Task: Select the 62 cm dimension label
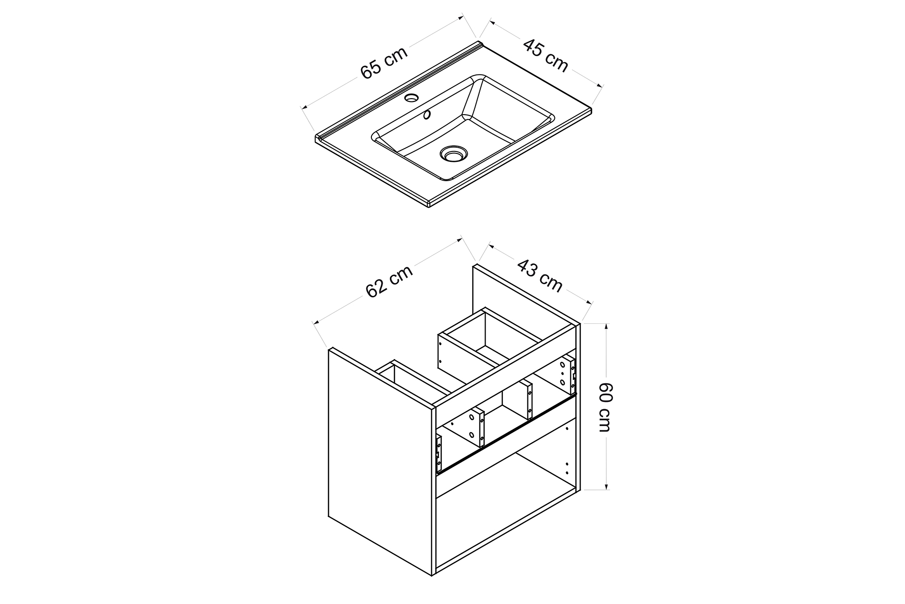pyautogui.click(x=389, y=281)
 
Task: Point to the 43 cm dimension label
pyautogui.click(x=540, y=275)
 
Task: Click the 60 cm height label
pyautogui.click(x=605, y=406)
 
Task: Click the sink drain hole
pyautogui.click(x=453, y=153)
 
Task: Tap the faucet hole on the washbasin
pyautogui.click(x=411, y=98)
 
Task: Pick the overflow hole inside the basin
pyautogui.click(x=427, y=114)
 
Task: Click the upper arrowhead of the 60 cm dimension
pyautogui.click(x=606, y=326)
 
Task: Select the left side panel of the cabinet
pyautogui.click(x=379, y=460)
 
